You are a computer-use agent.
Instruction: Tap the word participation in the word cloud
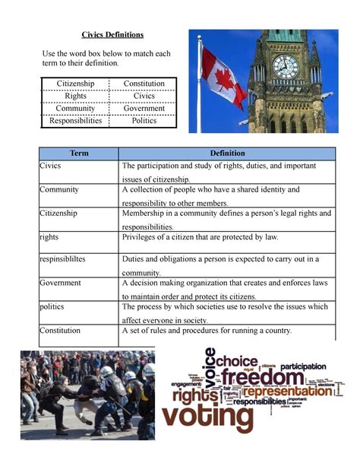(x=308, y=365)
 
